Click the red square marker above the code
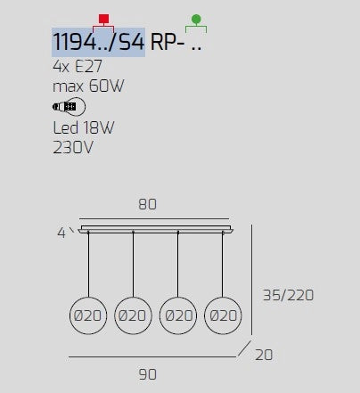[103, 19]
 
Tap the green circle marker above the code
[196, 19]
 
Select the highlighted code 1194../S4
[98, 42]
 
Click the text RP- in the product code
[168, 42]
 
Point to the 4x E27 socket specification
[78, 66]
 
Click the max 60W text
[88, 86]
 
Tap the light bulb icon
[70, 106]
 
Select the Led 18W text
[84, 127]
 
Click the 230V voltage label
[73, 147]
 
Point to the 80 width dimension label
[147, 204]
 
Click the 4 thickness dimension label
[61, 233]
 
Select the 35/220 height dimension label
[289, 295]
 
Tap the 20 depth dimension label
[264, 355]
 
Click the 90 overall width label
[148, 374]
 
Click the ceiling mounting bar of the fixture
[156, 229]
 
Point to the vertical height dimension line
[251, 280]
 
